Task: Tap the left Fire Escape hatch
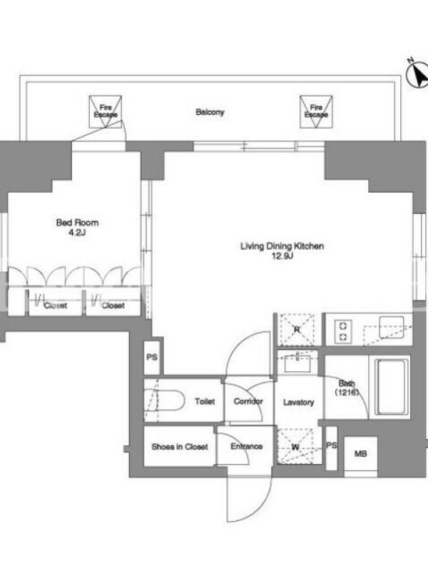[106, 112]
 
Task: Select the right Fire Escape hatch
[316, 112]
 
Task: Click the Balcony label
[210, 112]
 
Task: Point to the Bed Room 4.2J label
[77, 227]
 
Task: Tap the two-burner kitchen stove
[343, 331]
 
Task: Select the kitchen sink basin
[391, 327]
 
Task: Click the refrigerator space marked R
[296, 330]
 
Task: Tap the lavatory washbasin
[297, 363]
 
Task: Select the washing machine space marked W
[295, 445]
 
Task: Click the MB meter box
[360, 454]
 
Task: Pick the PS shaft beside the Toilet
[152, 358]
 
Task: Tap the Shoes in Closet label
[180, 447]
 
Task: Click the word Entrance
[246, 446]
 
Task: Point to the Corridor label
[248, 401]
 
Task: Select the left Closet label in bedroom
[56, 305]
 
